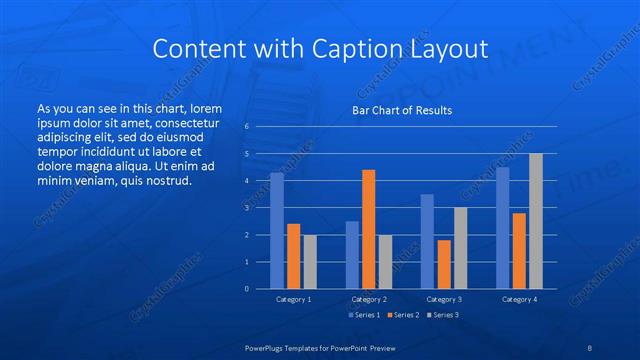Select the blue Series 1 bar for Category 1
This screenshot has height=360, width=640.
(x=277, y=231)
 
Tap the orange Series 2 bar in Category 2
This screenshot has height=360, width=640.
(x=368, y=229)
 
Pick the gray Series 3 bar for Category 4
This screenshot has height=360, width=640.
(x=536, y=221)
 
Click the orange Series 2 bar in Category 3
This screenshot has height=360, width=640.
(x=444, y=264)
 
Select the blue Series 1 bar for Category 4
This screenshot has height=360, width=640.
(x=503, y=228)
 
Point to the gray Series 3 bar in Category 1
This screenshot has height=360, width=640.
(x=310, y=262)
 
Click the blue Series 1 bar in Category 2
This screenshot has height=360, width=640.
(x=352, y=255)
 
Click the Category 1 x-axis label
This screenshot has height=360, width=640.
(x=293, y=299)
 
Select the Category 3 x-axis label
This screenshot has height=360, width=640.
(x=444, y=299)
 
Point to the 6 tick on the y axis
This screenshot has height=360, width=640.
(x=246, y=127)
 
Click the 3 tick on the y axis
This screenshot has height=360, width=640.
(x=246, y=208)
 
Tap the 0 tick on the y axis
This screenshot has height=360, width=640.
(x=246, y=289)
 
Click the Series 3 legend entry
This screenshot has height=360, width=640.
(x=443, y=315)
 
